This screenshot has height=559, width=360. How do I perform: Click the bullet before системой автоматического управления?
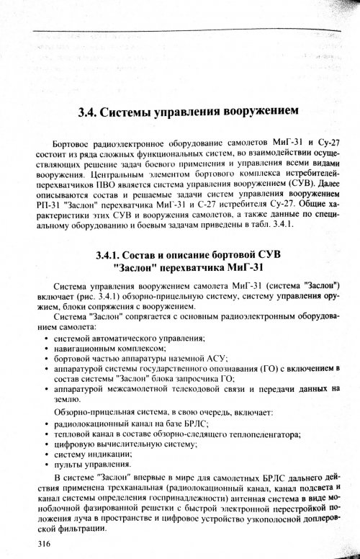point(47,338)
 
